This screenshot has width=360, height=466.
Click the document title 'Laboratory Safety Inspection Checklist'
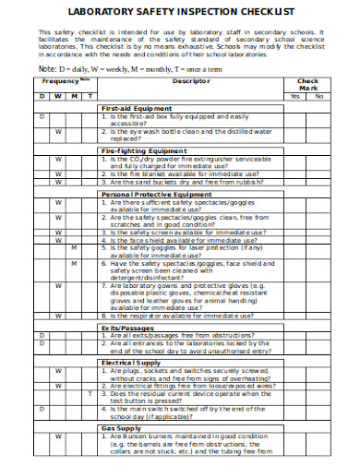tap(179, 12)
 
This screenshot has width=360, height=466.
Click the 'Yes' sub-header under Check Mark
tap(294, 96)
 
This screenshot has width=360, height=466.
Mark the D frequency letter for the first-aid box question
tap(42, 117)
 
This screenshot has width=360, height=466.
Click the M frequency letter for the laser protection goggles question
tap(75, 247)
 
